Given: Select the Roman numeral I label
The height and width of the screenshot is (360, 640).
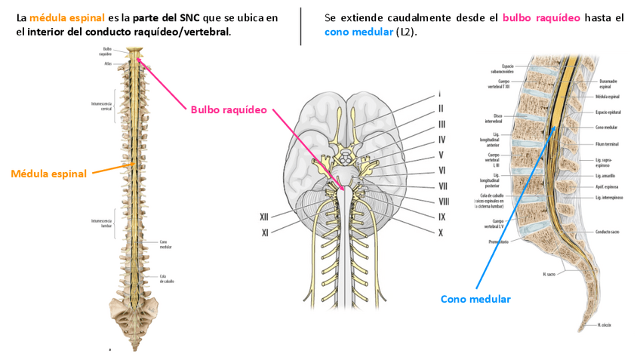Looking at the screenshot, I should pos(439,95).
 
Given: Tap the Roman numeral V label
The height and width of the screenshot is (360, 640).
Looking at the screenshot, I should pos(442,155).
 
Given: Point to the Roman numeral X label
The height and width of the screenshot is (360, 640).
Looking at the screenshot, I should pos(440,233).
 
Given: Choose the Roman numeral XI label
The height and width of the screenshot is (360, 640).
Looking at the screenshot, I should pos(266,233).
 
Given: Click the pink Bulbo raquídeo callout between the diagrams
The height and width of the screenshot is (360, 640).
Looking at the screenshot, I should pos(229,109).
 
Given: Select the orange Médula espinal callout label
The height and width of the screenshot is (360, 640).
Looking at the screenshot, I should pos(49,174).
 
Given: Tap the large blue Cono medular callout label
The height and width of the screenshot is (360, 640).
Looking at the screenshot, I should pos(475,299).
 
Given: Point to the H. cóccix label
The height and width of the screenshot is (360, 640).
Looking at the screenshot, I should pos(604,325).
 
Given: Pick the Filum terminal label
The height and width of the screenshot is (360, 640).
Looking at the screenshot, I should pos(607,143).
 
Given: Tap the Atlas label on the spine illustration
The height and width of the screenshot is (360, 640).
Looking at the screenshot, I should pos(108,64).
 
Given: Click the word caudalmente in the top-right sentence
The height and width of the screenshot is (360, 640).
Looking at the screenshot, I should pos(395,17).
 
